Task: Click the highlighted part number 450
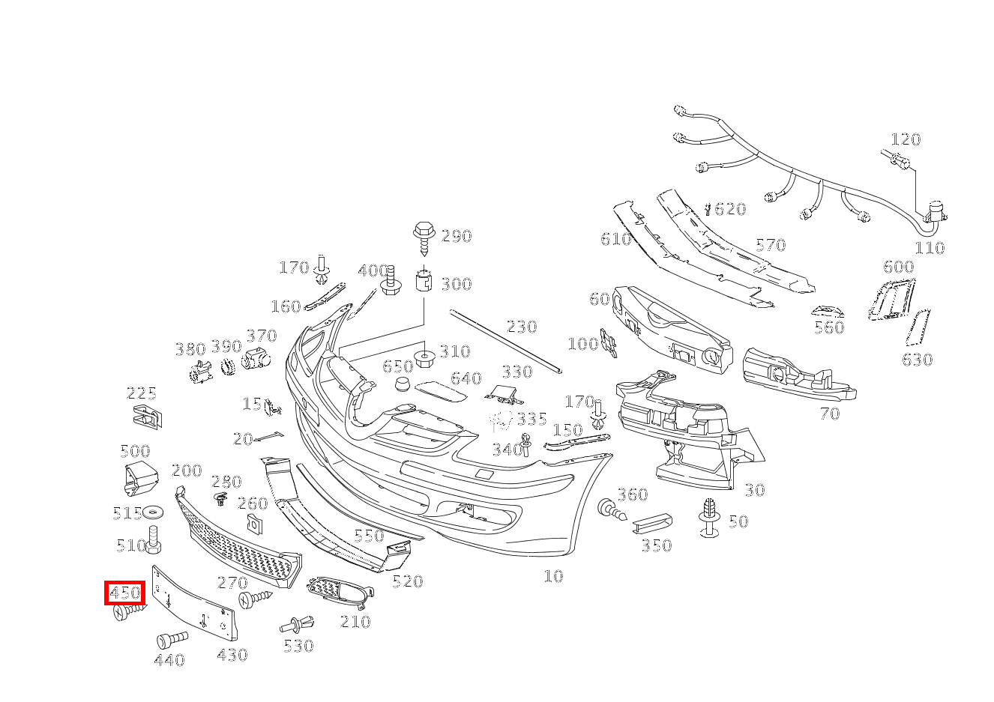point(124,593)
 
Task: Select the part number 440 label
point(169,660)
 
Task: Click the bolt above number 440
point(172,640)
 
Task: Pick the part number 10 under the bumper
point(553,576)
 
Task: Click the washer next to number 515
point(155,512)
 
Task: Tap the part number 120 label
point(905,139)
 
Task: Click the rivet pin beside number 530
point(298,623)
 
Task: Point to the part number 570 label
point(770,245)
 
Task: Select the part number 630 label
point(917,360)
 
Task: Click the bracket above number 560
point(828,311)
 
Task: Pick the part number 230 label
point(522,327)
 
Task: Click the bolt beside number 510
point(154,540)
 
